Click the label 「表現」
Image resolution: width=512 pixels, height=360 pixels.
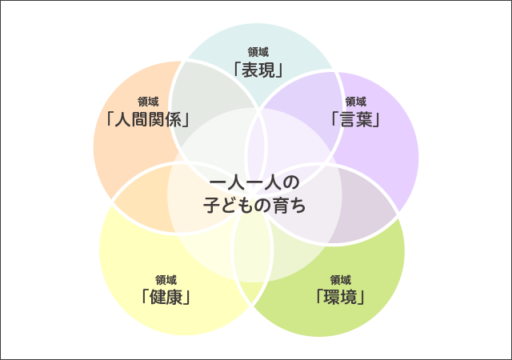(258, 70)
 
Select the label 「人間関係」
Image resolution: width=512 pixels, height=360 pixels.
(148, 119)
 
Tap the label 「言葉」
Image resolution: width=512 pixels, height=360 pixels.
(355, 119)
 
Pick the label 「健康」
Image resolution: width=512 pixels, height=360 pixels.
(166, 297)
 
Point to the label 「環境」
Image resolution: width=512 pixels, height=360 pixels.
(340, 297)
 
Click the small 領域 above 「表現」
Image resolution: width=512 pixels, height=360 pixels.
(258, 52)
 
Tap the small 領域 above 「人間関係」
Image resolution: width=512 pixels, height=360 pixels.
(148, 102)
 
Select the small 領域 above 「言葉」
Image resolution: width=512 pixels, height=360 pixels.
(355, 102)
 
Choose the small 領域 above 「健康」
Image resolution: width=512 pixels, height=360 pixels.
(166, 280)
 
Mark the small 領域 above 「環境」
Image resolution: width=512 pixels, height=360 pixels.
(340, 280)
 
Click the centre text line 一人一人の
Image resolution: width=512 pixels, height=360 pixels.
(254, 183)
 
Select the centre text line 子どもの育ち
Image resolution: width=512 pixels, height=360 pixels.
(254, 206)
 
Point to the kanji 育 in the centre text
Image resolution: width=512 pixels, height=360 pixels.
(281, 206)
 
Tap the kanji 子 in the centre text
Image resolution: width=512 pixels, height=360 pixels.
(211, 206)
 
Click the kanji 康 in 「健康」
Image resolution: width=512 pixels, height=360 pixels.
(174, 297)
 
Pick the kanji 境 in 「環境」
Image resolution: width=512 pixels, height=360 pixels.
(349, 297)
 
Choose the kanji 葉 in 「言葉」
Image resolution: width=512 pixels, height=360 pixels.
(364, 119)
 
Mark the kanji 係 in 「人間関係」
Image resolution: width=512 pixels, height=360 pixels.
(174, 119)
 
